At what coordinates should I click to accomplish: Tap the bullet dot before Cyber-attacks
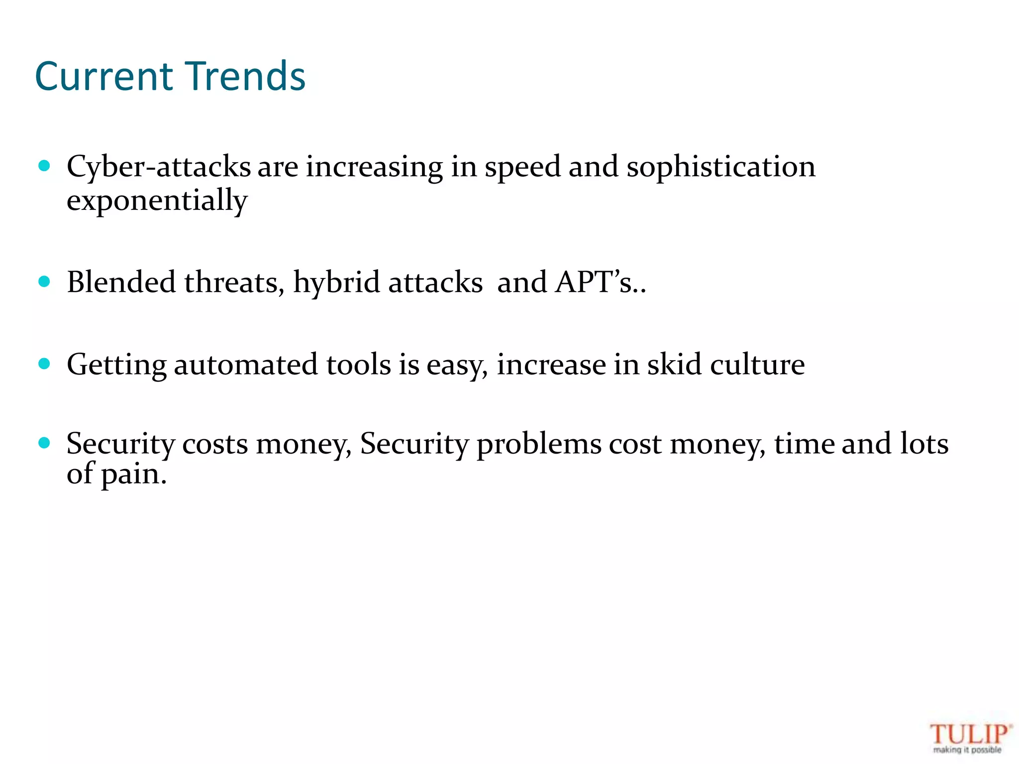[44, 166]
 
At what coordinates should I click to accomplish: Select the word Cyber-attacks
[159, 167]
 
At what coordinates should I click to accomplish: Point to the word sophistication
[721, 168]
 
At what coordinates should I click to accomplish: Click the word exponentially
[157, 201]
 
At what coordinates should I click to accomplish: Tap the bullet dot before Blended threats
[44, 282]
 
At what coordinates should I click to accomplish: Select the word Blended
[121, 282]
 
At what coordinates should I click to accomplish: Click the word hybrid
[336, 283]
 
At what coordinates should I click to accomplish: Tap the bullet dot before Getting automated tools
[44, 364]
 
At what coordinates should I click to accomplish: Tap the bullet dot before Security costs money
[44, 443]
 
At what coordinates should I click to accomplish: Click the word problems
[539, 444]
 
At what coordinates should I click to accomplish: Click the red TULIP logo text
[969, 734]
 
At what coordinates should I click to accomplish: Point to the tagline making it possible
[967, 750]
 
